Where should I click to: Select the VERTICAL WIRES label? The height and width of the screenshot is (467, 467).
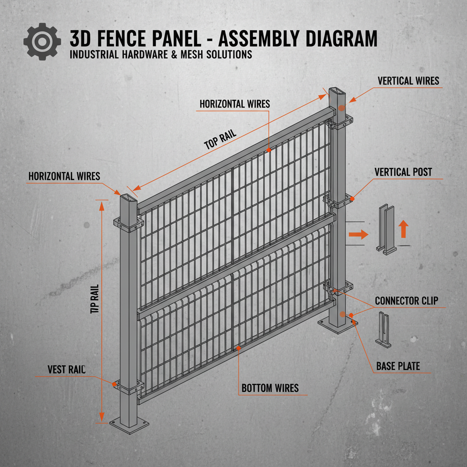click(408, 81)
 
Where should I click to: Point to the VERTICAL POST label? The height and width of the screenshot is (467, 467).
click(403, 172)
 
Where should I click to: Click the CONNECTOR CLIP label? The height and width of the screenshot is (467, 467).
click(406, 301)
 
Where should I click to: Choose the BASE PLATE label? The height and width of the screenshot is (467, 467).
click(398, 366)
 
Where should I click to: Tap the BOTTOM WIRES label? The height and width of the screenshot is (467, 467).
click(270, 389)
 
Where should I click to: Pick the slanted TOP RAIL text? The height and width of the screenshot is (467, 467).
click(221, 138)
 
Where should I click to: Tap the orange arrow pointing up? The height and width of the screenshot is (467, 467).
click(403, 229)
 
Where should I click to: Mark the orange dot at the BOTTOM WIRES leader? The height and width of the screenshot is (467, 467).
click(239, 348)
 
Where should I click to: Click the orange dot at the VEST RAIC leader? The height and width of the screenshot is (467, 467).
click(114, 384)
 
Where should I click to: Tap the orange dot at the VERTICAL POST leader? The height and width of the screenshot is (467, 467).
click(353, 198)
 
